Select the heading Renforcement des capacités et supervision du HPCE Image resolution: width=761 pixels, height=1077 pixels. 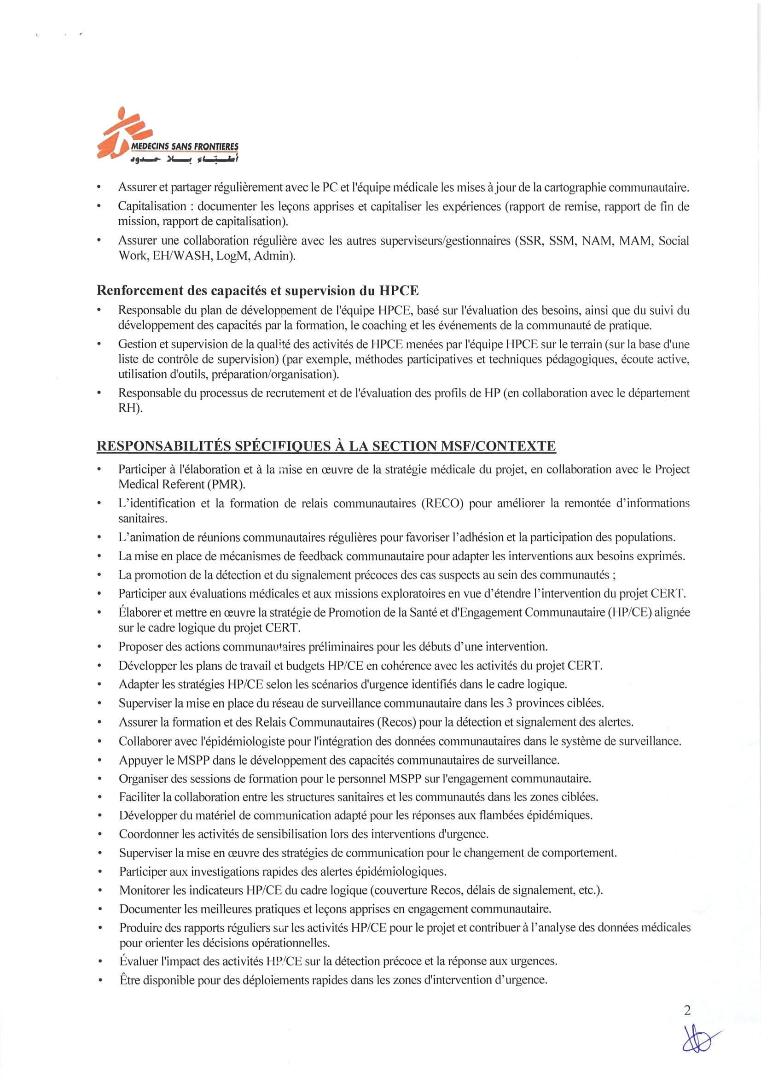[x=257, y=291]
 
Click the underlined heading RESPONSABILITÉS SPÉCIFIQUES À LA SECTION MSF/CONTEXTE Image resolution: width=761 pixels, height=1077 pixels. [x=326, y=445]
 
